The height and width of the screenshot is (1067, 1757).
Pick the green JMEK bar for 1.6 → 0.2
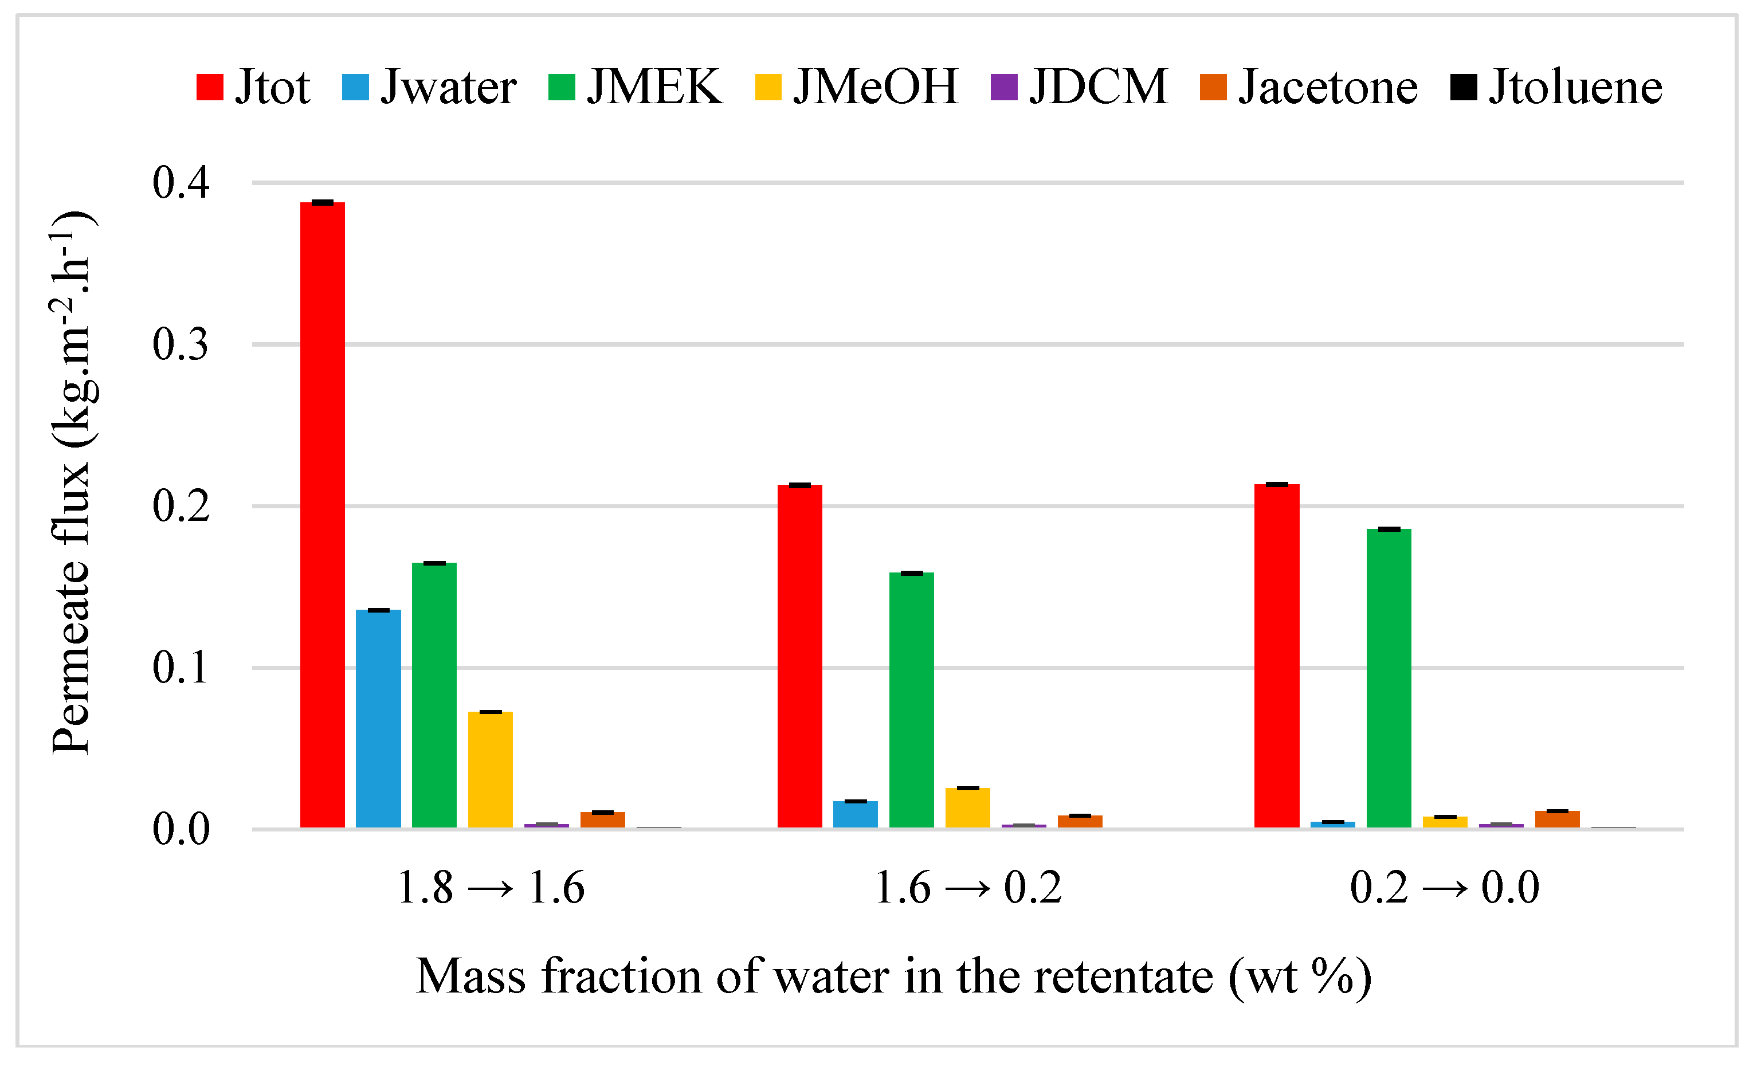911,700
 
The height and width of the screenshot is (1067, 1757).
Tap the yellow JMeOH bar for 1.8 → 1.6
490,770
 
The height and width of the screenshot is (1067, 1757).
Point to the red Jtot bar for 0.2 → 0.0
1276,656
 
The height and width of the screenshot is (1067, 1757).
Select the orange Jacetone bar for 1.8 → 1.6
602,819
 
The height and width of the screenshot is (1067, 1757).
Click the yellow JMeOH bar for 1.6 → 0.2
968,807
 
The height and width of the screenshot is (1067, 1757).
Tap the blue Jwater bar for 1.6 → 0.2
855,814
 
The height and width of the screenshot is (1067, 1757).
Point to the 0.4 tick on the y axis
181,183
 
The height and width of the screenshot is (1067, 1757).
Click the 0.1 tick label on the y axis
181,668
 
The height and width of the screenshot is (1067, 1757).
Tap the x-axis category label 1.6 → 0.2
968,889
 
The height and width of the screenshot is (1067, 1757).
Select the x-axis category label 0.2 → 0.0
1445,889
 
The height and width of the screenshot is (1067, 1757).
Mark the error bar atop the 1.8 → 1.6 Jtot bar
322,202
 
